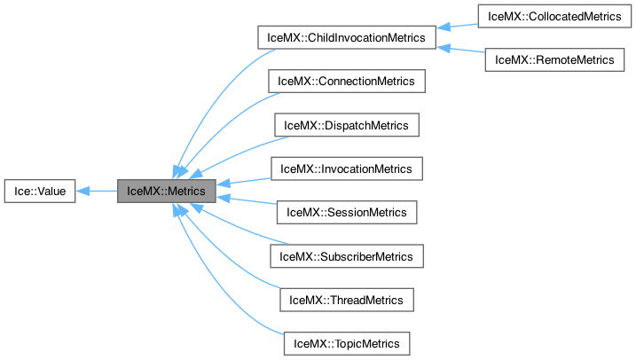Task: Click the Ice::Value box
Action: (40, 191)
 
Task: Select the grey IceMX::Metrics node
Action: (167, 191)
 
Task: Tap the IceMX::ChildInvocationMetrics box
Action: (345, 38)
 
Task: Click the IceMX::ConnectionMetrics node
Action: (346, 82)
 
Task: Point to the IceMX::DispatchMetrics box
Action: (346, 125)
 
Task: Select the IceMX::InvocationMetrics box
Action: (346, 168)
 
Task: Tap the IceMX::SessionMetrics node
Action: (346, 212)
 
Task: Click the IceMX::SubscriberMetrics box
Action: (346, 256)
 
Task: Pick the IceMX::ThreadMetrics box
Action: (346, 300)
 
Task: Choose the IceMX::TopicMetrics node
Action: (346, 342)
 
